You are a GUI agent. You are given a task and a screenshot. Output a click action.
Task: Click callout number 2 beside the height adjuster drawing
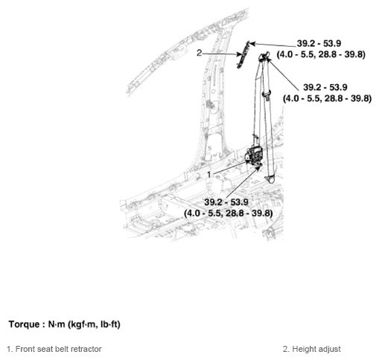tap(200, 53)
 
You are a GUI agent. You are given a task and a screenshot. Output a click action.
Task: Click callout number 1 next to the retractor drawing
tap(209, 175)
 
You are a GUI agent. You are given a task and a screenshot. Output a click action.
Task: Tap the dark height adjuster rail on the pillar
tap(243, 55)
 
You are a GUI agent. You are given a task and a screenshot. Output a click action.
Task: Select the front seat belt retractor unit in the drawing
tap(254, 155)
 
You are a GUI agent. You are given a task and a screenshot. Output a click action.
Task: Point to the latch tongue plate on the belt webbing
tap(267, 95)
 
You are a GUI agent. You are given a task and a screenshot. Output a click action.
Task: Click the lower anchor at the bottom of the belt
tap(270, 179)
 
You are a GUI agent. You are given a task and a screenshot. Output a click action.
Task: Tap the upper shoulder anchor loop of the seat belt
tap(264, 57)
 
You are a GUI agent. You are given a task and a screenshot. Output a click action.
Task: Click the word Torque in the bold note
tap(24, 324)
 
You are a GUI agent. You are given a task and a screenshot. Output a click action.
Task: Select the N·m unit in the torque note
tap(57, 324)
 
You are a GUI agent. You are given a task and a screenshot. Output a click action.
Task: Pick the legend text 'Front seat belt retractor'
tap(58, 349)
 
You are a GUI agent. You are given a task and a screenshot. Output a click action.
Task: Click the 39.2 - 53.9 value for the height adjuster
tap(319, 44)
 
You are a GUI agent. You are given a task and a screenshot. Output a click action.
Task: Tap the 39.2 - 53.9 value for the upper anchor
tap(325, 87)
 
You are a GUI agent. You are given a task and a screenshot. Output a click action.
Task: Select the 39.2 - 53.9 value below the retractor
tap(226, 202)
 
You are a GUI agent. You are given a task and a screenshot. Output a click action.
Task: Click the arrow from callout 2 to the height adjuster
tap(222, 54)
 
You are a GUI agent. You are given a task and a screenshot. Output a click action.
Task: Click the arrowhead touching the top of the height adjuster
tap(252, 44)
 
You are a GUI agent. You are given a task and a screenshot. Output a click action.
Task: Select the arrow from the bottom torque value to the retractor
tap(243, 182)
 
